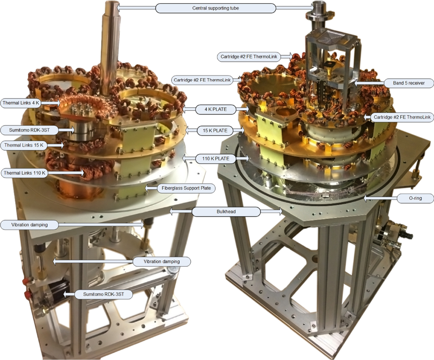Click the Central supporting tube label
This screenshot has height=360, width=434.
(216, 8)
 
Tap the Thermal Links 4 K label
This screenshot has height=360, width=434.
(21, 103)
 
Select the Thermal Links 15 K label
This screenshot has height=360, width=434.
(24, 145)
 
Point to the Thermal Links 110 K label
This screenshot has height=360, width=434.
(25, 173)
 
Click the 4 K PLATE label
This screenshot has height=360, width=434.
(216, 109)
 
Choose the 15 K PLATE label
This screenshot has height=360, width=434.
(215, 131)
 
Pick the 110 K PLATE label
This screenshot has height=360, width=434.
(216, 159)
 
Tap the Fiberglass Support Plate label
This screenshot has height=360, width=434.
(186, 188)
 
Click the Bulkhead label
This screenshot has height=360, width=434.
(226, 212)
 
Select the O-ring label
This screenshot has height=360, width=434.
(415, 198)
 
